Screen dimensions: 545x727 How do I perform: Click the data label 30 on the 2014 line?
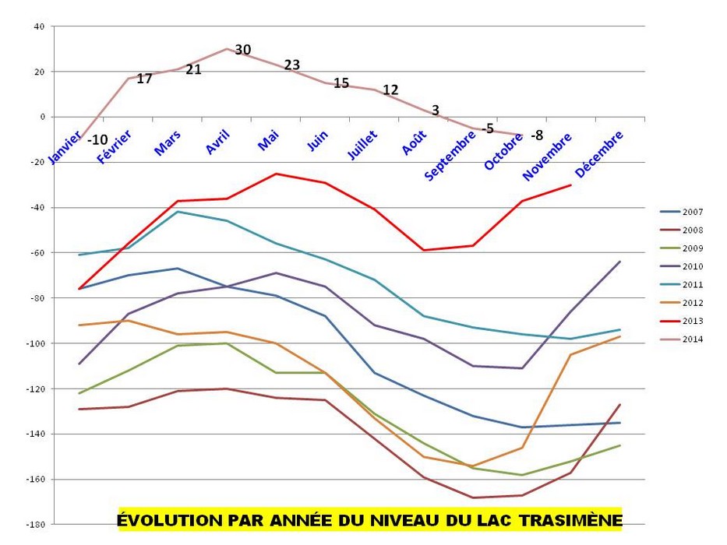(243, 50)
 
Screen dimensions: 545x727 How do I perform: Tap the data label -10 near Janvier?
(97, 140)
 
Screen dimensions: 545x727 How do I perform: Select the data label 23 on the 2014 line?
(291, 65)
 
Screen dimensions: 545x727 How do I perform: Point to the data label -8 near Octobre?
(536, 135)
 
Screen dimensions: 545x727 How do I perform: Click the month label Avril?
(219, 142)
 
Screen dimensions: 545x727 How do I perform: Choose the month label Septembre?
(450, 156)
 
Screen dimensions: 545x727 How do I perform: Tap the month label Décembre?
(600, 153)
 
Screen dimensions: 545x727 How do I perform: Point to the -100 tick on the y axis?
(37, 343)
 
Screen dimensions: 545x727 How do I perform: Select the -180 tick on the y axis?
(37, 524)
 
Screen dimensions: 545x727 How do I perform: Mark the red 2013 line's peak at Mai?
(276, 174)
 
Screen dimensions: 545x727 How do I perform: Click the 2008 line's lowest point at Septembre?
(472, 498)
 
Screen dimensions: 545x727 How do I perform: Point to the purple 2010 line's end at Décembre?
(620, 262)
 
